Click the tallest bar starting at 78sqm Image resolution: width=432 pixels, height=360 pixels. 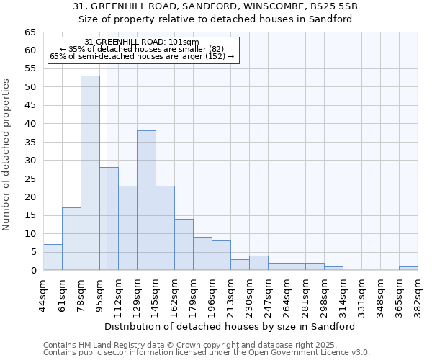90,173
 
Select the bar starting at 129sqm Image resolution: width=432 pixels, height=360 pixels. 146,200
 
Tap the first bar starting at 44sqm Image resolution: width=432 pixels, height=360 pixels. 53,257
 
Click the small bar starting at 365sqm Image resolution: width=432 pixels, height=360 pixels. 408,268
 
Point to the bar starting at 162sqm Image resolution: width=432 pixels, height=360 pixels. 184,244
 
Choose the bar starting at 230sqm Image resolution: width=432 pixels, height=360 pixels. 258,263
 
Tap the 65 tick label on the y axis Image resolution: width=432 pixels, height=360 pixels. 30,32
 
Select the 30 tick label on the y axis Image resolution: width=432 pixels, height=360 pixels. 30,161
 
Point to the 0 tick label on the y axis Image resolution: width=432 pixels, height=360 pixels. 33,271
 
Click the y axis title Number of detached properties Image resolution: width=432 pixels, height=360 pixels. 7,155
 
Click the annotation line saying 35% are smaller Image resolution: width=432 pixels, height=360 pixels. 142,49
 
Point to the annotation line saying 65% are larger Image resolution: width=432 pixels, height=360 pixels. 142,56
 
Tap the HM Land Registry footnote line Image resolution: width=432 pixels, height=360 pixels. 206,345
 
